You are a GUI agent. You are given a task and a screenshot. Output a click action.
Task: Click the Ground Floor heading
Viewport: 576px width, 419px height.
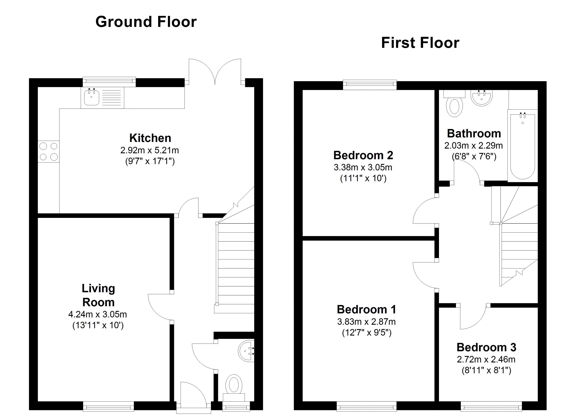(x=146, y=22)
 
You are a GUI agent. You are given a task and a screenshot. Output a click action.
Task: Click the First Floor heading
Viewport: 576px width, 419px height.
(x=420, y=43)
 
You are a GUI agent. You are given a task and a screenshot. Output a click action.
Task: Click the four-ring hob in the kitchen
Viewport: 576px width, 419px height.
(x=49, y=152)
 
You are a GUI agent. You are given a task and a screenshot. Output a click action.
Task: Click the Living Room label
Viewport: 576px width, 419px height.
(x=98, y=295)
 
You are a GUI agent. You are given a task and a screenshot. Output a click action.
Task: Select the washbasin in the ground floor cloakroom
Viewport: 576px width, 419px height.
(x=246, y=351)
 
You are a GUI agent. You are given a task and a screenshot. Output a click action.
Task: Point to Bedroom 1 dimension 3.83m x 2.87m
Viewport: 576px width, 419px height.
(x=366, y=322)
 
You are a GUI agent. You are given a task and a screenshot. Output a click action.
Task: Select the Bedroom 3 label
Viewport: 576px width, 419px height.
(x=486, y=347)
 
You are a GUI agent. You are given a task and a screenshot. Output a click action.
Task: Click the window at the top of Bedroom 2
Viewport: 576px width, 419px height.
(x=370, y=85)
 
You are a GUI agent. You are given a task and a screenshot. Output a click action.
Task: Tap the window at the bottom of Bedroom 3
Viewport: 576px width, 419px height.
(x=491, y=406)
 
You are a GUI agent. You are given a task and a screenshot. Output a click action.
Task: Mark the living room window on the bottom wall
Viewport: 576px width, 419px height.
(x=108, y=406)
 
